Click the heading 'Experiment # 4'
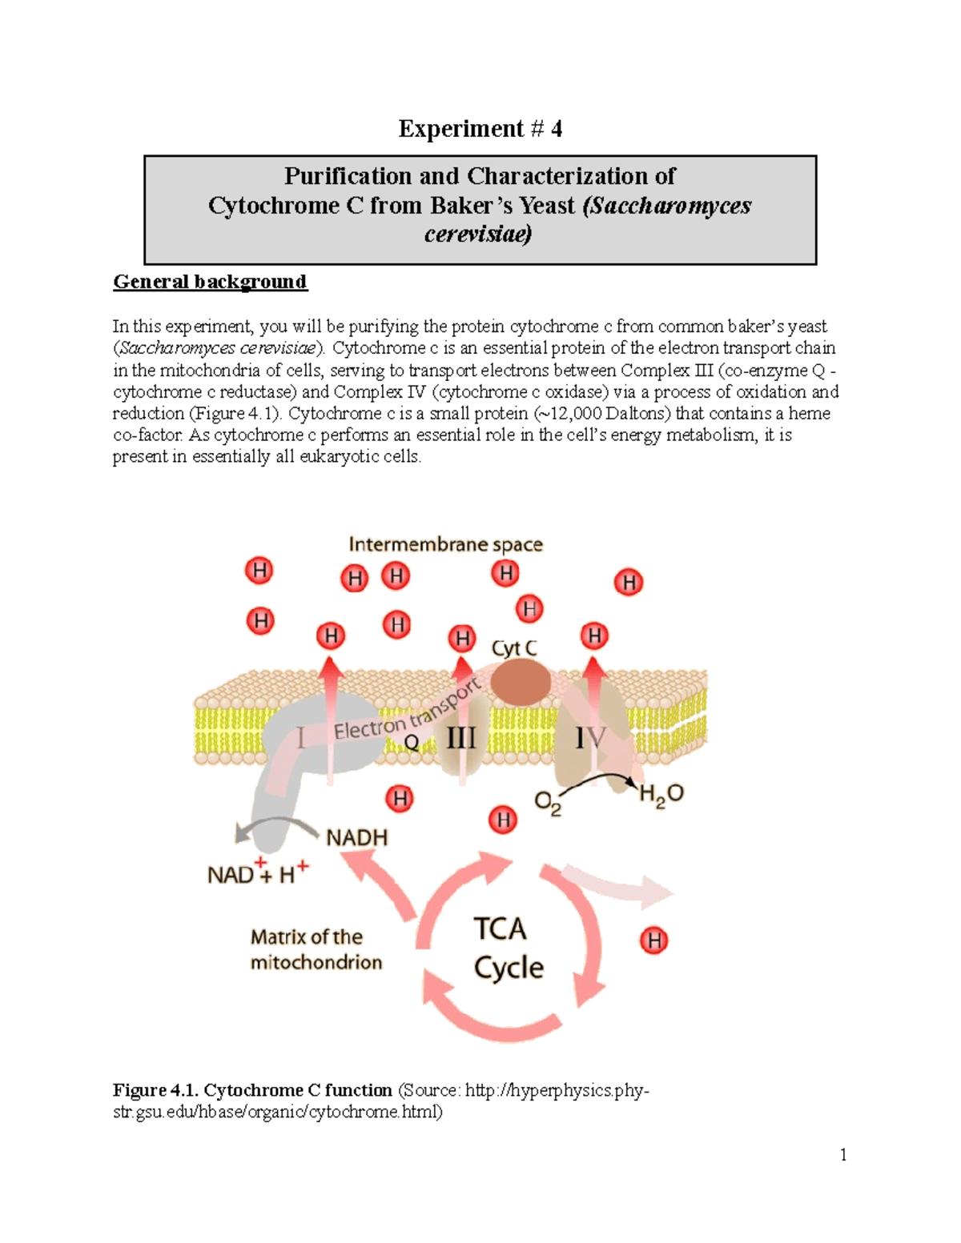pos(480,129)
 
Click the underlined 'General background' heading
pos(210,282)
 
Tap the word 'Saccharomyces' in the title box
pos(667,206)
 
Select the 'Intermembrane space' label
pos(445,545)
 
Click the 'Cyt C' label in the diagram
pos(514,648)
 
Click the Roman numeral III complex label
pos(460,737)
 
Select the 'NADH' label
pos(357,838)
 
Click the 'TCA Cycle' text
pos(509,948)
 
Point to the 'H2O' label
pos(661,794)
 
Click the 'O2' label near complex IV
pos(548,802)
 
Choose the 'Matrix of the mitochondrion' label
pos(316,949)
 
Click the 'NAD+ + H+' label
pos(258,873)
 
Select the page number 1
pos(843,1154)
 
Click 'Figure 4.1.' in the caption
pos(156,1090)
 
